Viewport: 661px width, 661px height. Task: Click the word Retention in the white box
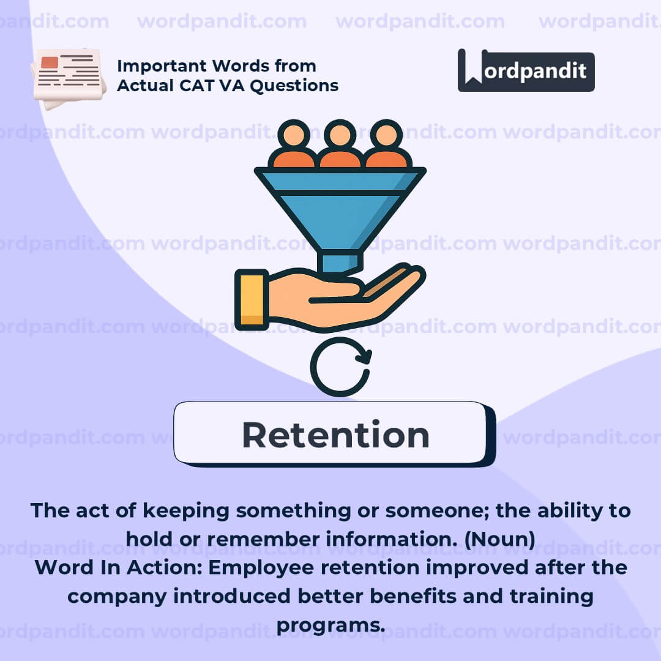pos(335,435)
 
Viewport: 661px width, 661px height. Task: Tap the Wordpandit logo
pos(526,70)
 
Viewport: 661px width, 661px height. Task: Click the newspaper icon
pos(69,78)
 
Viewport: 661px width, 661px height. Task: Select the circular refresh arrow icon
pos(341,367)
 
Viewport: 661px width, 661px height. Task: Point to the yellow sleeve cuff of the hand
pos(252,299)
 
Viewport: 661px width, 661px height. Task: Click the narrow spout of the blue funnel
pos(340,261)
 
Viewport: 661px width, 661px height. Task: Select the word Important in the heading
pos(162,66)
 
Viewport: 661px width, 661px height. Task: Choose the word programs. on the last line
pos(331,626)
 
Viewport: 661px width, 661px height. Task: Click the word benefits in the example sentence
pos(413,596)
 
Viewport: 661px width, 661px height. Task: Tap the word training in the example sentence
pos(551,597)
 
